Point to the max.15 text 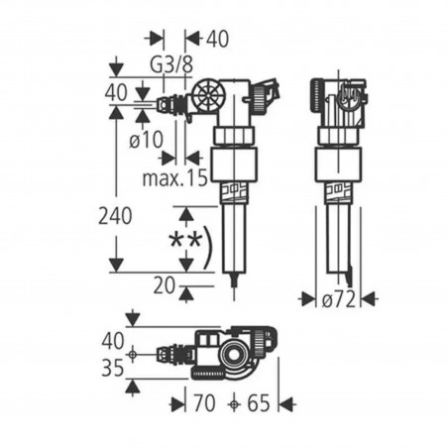point(174,179)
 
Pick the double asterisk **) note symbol point(189,244)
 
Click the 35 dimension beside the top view point(114,368)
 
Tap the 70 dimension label point(205,403)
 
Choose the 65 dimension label point(259,403)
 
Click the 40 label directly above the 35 point(114,340)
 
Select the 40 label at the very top point(217,39)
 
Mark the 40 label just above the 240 point(115,91)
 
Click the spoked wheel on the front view point(209,99)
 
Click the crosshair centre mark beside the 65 point(234,403)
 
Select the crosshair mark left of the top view point(131,353)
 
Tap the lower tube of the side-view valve point(336,233)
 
